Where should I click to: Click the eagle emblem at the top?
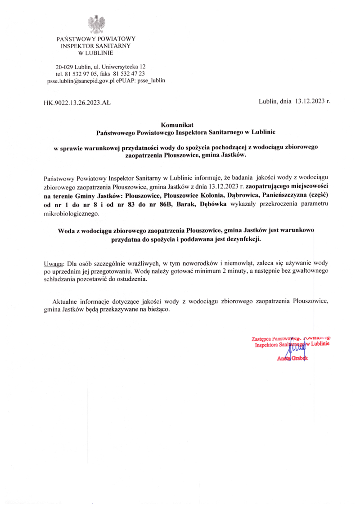(x=96, y=23)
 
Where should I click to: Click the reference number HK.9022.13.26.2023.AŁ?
(x=77, y=102)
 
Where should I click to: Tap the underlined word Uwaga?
(x=54, y=263)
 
